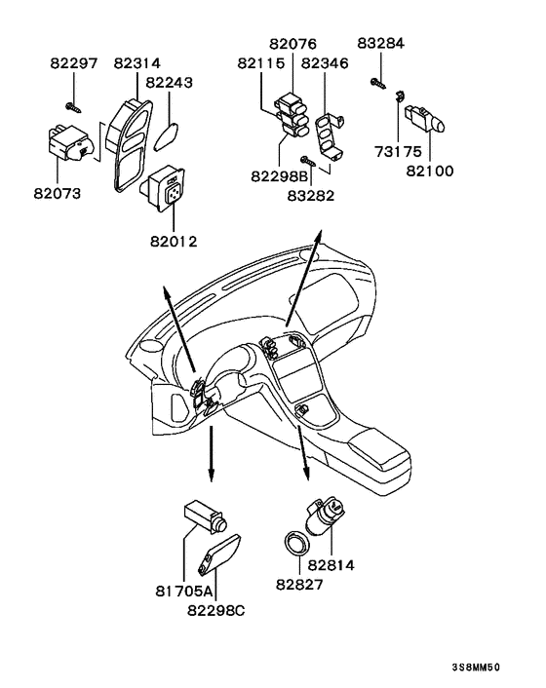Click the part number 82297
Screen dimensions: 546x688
(74, 63)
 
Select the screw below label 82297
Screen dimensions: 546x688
(73, 107)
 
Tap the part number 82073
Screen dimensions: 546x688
(58, 194)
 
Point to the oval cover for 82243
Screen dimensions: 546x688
(166, 136)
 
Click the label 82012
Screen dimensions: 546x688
(174, 242)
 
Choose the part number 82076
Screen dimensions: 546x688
(292, 44)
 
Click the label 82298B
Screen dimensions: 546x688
(280, 176)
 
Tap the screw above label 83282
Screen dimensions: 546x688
(308, 160)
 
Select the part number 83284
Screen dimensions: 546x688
(381, 43)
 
